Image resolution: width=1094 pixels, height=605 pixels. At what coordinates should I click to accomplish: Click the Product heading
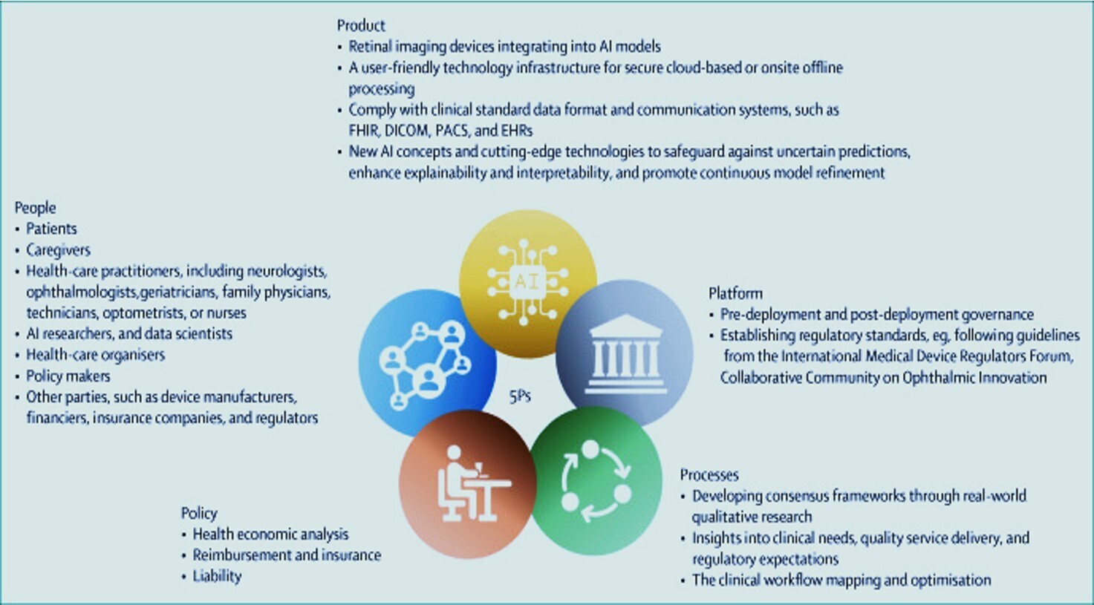point(361,25)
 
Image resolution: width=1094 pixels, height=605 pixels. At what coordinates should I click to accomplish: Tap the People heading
point(35,208)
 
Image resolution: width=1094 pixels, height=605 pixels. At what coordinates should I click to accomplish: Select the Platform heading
point(735,293)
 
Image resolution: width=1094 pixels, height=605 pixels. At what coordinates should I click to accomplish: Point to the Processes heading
point(709,474)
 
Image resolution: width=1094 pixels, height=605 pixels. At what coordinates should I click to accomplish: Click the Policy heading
point(199,513)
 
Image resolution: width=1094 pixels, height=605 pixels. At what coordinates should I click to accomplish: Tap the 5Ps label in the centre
point(520,396)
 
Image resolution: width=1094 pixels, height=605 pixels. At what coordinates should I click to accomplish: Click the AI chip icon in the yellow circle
point(527,282)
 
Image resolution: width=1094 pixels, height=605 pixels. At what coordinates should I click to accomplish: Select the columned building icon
point(625,354)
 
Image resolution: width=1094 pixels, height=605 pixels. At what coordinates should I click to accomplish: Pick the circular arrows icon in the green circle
point(596,482)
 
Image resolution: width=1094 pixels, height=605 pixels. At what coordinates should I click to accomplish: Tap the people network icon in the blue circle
point(425,364)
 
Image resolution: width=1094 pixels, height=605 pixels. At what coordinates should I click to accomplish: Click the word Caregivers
point(59,250)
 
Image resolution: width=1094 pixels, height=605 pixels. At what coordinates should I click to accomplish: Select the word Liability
point(218,577)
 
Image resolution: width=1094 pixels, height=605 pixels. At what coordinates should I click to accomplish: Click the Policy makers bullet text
point(68,376)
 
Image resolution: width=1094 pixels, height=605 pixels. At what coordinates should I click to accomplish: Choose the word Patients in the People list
point(51,229)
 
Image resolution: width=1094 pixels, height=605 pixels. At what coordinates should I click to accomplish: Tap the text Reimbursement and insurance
point(287,555)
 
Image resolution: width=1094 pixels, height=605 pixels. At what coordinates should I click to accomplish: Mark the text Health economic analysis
point(270,534)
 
